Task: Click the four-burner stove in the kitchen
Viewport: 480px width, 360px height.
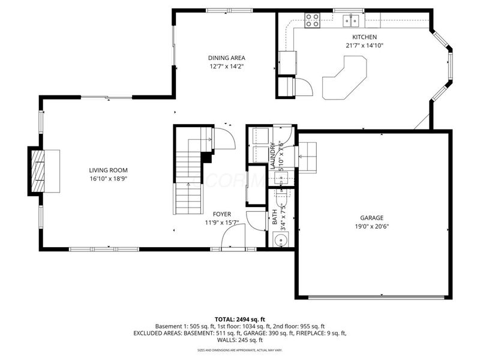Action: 313,21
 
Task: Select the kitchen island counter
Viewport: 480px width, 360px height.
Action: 346,77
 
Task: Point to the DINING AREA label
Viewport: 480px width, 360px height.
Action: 226,58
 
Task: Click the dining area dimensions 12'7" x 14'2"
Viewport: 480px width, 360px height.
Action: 226,67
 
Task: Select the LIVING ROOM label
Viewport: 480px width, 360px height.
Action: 108,170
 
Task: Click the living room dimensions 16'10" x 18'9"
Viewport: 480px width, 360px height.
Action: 108,179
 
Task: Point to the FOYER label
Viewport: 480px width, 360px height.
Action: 221,214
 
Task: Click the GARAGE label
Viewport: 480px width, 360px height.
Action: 371,218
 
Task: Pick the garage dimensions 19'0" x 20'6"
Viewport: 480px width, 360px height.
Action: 371,227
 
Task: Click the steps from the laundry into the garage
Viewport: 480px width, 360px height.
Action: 308,157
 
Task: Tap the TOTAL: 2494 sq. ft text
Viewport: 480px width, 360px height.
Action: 239,319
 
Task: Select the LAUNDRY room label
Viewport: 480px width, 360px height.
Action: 272,155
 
